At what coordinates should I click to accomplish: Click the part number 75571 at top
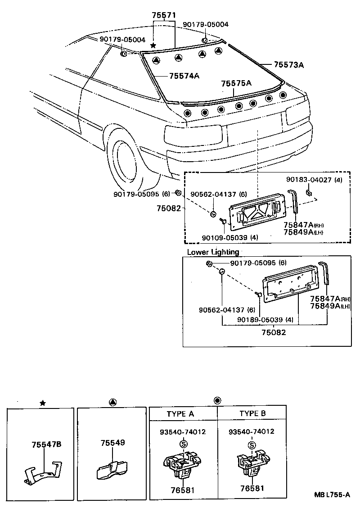pos(163,15)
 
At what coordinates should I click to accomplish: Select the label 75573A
pos(288,65)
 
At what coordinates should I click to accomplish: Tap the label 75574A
pos(184,76)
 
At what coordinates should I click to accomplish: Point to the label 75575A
pos(236,83)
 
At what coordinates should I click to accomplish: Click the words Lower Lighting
pos(213,252)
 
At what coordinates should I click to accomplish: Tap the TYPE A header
pos(180,414)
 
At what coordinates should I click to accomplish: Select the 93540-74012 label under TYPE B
pos(251,431)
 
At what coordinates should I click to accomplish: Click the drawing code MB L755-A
pos(332,494)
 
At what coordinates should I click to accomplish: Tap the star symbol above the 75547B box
pos(42,403)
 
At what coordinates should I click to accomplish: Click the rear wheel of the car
pos(128,160)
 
